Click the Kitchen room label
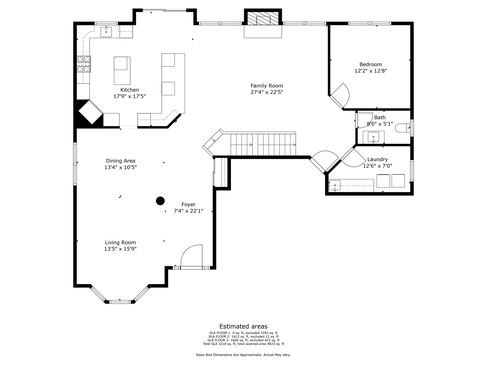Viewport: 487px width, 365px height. tap(130, 90)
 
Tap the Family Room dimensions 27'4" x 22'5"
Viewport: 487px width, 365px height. tap(266, 92)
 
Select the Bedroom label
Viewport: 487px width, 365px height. tap(371, 65)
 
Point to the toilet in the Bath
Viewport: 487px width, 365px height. tap(403, 128)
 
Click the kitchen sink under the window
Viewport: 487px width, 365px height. tap(106, 32)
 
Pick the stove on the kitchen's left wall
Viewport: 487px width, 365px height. tap(84, 64)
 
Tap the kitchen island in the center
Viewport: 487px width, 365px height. tap(122, 71)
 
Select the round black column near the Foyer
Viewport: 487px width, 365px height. tap(160, 201)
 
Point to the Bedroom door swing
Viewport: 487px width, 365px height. tap(341, 94)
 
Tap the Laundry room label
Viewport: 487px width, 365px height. tap(377, 160)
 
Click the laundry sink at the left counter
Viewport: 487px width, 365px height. tap(335, 186)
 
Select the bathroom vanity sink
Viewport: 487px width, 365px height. tap(373, 137)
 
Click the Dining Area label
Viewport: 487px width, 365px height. tap(120, 161)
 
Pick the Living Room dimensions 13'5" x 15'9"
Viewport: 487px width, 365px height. tap(120, 249)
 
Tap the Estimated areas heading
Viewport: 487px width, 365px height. tap(243, 326)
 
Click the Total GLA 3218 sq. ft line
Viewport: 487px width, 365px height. tap(243, 344)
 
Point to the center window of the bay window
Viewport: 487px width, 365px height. tap(120, 301)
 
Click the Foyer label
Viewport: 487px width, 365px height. tap(188, 204)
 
